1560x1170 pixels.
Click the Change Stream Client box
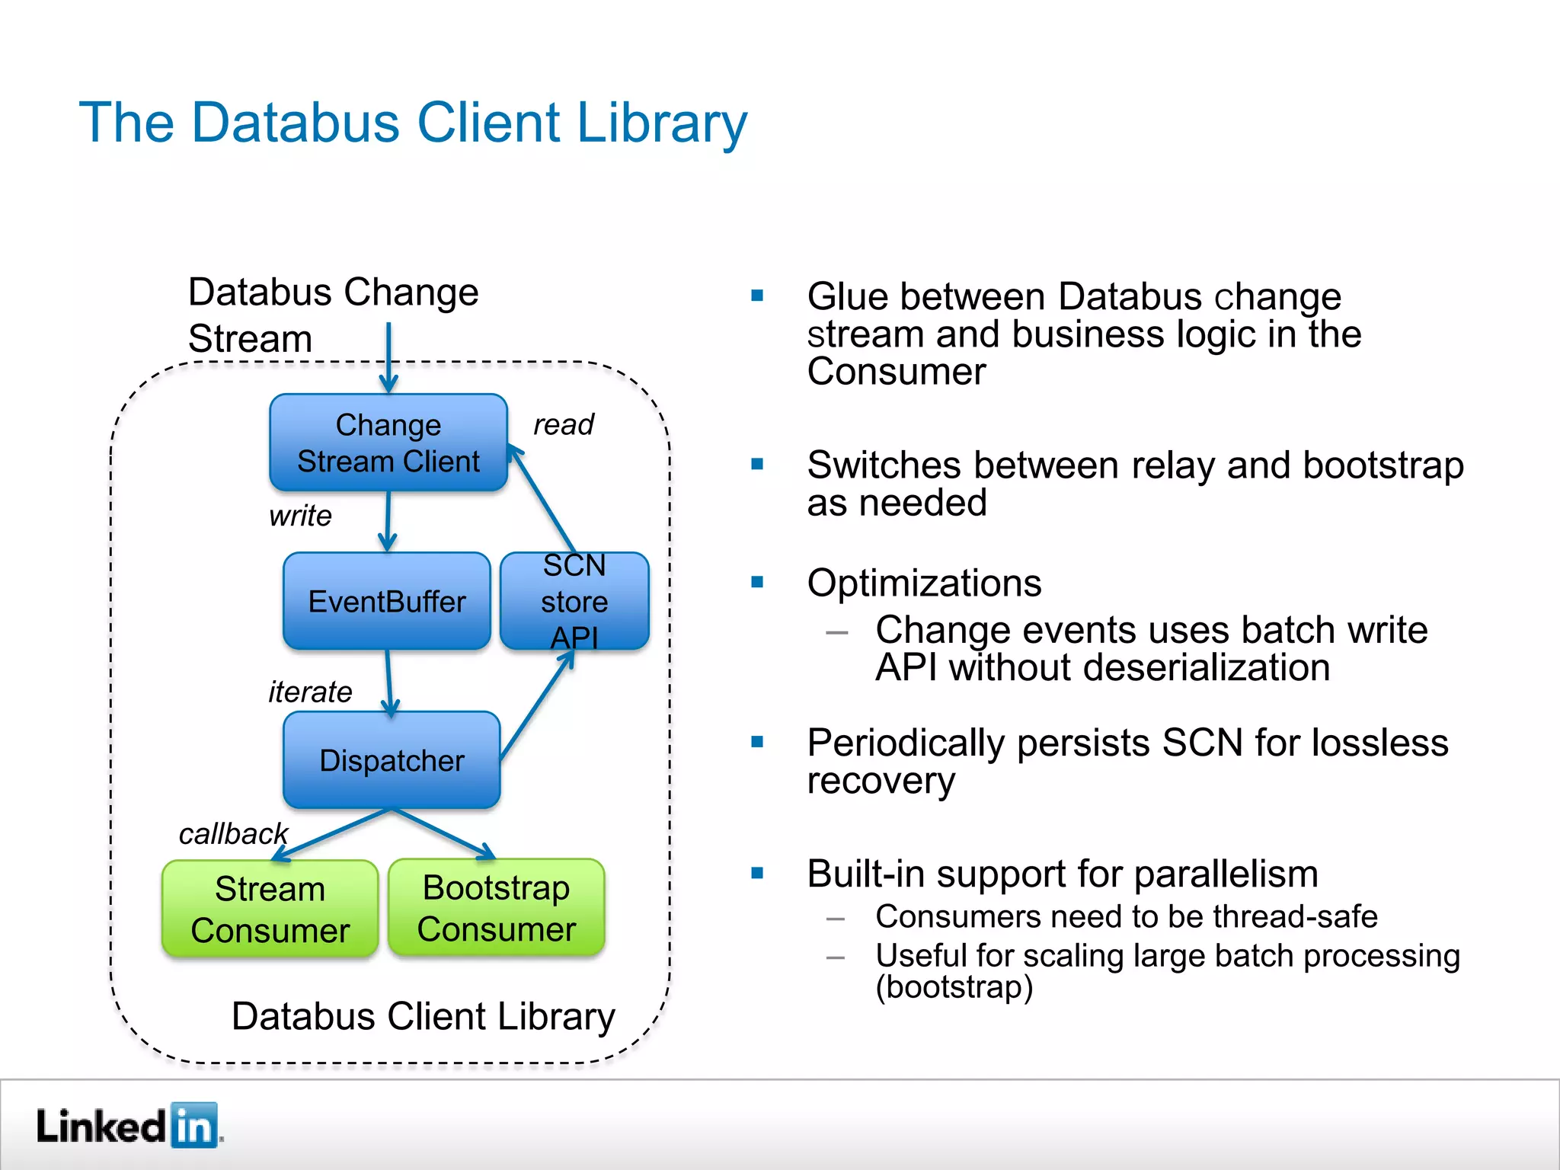[x=388, y=443]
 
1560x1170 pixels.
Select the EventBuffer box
[x=386, y=601]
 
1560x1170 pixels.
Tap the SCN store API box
[x=574, y=601]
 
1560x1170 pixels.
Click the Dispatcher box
[x=392, y=760]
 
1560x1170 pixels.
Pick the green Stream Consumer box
[x=270, y=909]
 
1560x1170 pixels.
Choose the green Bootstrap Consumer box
[x=496, y=907]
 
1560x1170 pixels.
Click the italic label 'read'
[x=563, y=424]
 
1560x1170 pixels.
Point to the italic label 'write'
[x=300, y=516]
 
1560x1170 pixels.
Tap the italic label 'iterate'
[x=310, y=692]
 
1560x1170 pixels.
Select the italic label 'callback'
[x=233, y=833]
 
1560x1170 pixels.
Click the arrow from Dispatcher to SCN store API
[x=538, y=705]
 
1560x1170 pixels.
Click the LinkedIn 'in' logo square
[x=194, y=1125]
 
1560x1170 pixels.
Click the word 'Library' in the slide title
[x=662, y=123]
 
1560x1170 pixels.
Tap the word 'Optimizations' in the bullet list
[x=924, y=583]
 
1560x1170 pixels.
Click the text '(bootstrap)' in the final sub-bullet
[x=954, y=987]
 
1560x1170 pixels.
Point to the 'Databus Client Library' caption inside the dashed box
[x=423, y=1016]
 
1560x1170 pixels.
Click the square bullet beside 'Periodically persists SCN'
[x=757, y=742]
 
